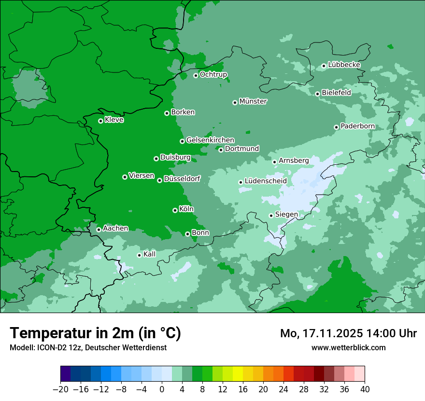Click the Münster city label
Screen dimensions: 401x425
point(253,101)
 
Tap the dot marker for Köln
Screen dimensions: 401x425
point(175,210)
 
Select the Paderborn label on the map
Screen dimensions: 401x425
point(358,126)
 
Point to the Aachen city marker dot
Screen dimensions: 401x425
point(99,229)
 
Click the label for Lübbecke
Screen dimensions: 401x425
point(344,65)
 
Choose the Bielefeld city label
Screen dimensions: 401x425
point(337,92)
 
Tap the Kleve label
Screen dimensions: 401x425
point(114,120)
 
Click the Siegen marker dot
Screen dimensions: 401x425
point(271,215)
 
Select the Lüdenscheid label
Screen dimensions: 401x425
point(266,181)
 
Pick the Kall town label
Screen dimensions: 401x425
point(150,254)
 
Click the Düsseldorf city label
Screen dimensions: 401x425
point(182,179)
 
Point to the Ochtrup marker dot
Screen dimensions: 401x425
point(196,75)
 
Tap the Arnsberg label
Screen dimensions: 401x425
point(294,160)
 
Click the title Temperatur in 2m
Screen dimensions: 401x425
point(96,333)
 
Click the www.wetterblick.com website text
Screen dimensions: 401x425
point(349,347)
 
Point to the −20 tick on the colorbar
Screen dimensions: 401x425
point(60,389)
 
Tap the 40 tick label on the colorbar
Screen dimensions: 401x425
point(365,389)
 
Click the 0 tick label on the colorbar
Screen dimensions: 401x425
point(162,389)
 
